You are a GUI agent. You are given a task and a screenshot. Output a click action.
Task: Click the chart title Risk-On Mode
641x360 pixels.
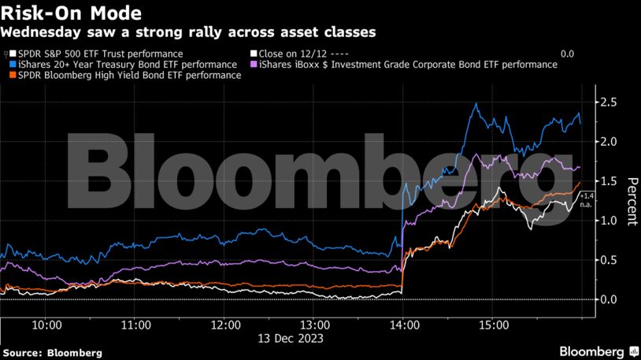(72, 13)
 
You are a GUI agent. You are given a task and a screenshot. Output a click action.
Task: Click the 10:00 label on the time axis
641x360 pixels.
(47, 325)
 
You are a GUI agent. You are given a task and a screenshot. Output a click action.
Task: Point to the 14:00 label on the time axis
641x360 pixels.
(403, 325)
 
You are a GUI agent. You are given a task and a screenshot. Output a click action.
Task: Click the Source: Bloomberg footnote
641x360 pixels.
(51, 353)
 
